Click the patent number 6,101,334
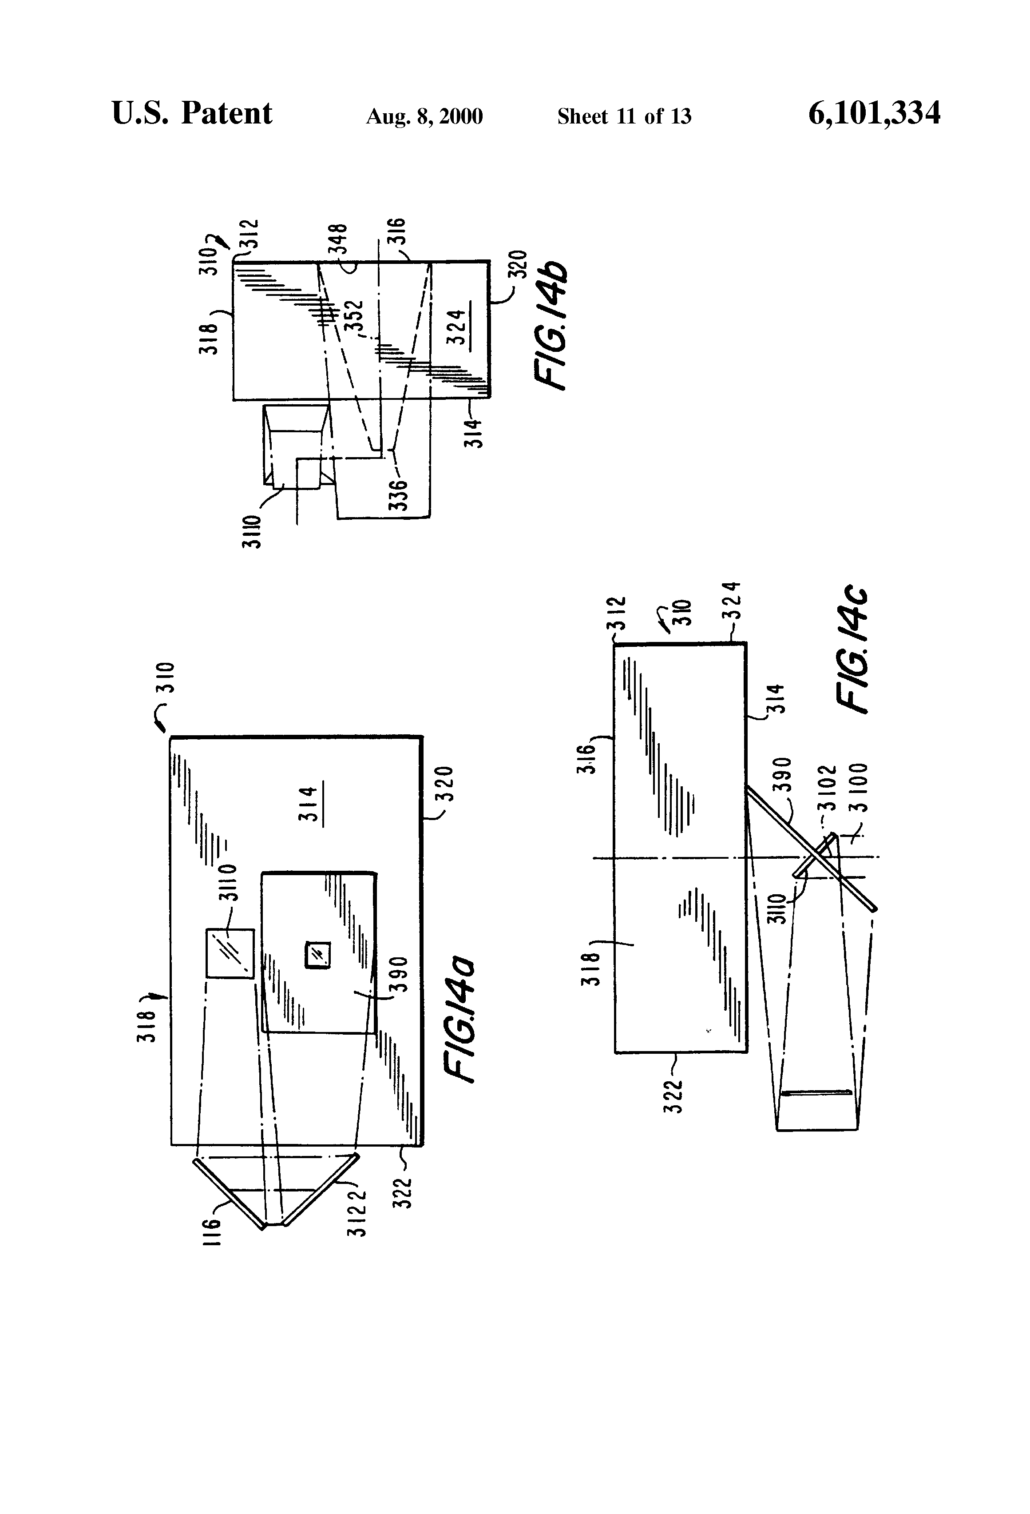[874, 113]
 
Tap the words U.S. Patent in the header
[192, 113]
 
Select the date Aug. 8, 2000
[424, 116]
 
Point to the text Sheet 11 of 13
[624, 116]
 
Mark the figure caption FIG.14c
[852, 651]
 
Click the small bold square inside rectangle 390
[318, 955]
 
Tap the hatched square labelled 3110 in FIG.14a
[230, 953]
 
